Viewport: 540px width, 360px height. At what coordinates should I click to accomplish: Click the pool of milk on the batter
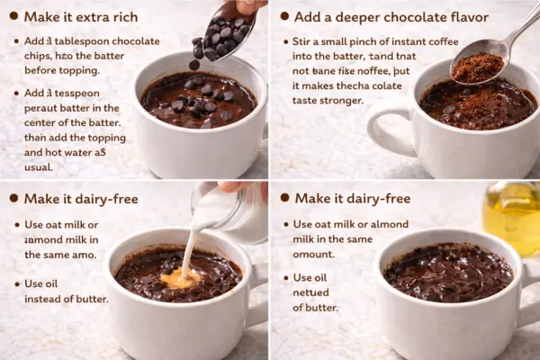[180, 280]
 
